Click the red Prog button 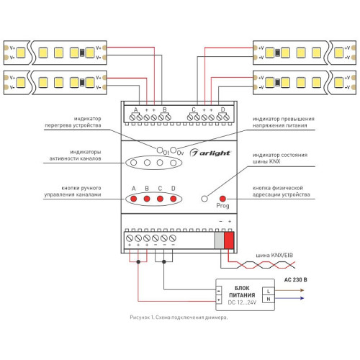point(222,199)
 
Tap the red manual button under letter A point(134,199)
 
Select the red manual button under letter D point(174,199)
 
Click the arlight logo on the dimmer point(210,153)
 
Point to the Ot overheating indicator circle point(160,150)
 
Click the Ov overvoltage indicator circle point(174,150)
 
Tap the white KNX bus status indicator point(204,199)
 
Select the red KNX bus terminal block point(229,240)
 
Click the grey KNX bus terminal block point(219,240)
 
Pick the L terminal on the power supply point(269,291)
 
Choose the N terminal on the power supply point(269,299)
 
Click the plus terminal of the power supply point(219,300)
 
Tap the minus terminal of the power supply point(219,291)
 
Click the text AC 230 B point(296,279)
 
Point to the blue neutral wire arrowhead point(302,298)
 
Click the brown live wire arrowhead point(302,290)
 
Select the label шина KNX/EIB point(274,255)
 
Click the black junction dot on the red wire point(138,261)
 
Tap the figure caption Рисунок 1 point(141,318)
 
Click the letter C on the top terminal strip point(194,109)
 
